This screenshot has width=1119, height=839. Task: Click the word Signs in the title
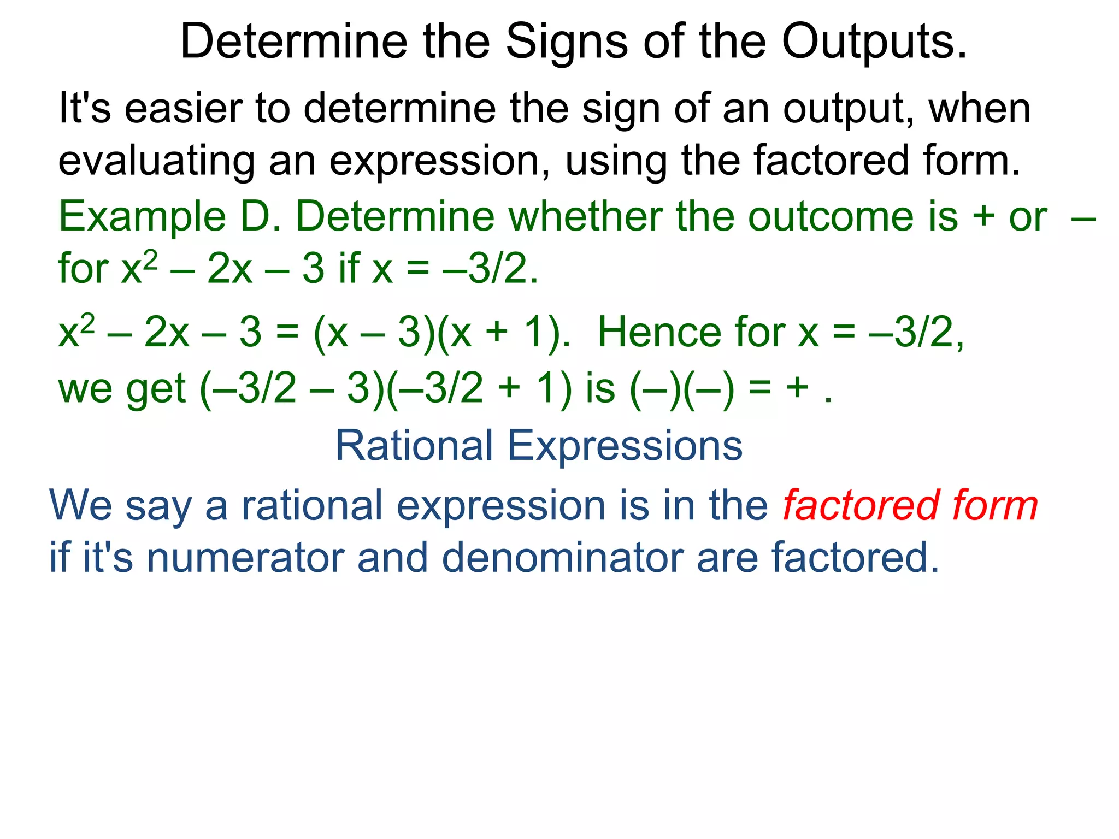567,42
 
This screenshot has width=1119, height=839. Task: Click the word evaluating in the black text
156,161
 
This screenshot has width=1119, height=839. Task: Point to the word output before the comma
844,108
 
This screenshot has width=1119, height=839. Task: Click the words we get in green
122,389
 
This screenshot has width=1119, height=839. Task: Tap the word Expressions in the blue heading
625,446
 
